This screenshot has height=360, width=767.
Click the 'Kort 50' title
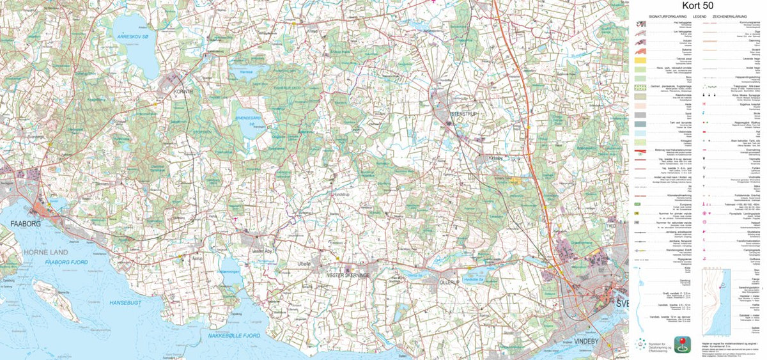(x=698, y=5)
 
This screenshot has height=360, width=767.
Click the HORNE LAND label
(x=29, y=251)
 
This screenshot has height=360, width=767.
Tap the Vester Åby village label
(x=263, y=251)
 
